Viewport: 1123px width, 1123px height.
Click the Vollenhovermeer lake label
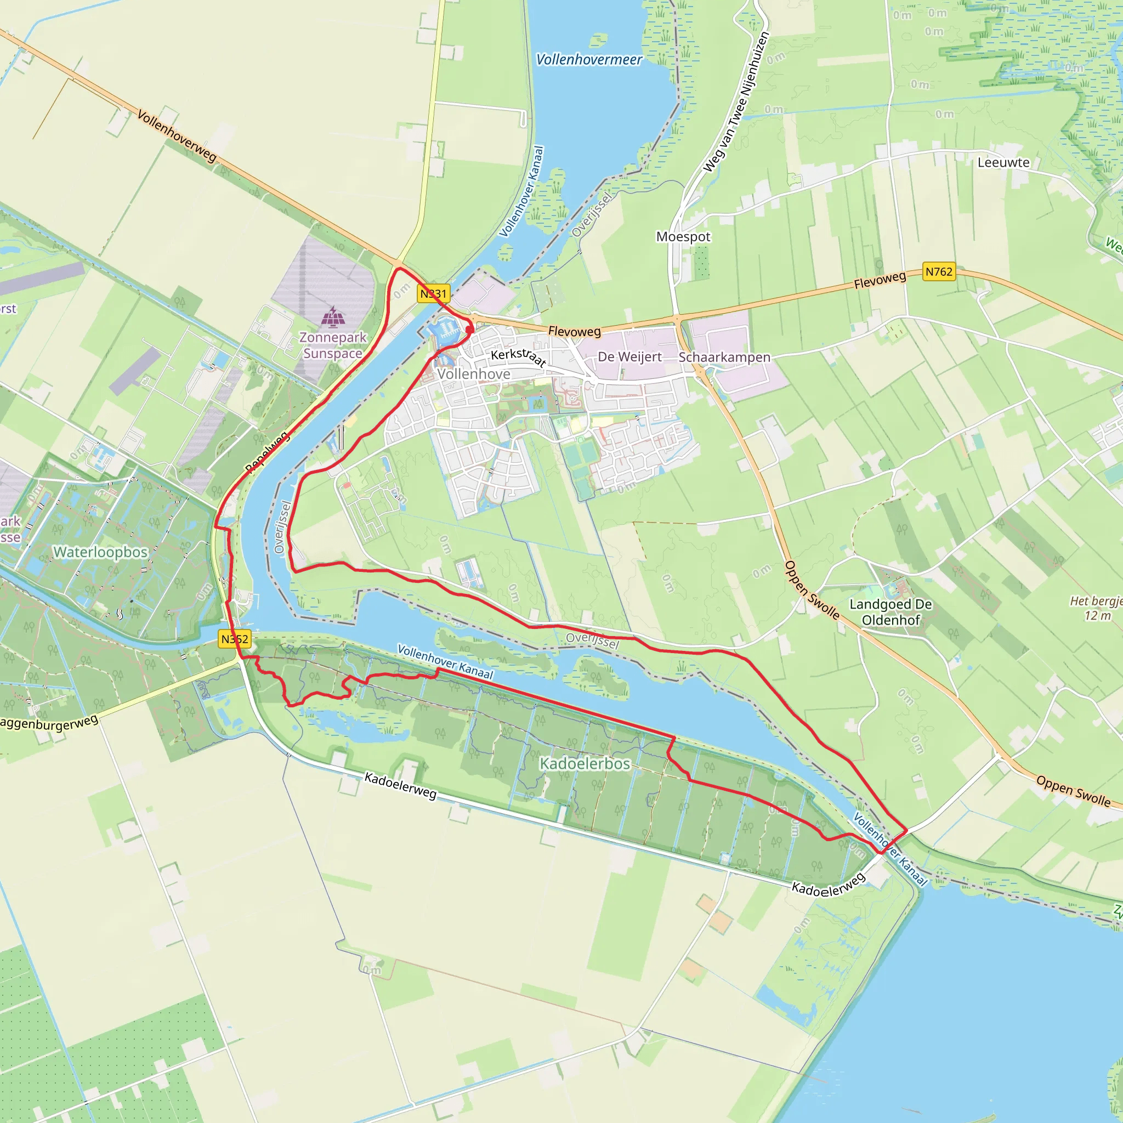[588, 59]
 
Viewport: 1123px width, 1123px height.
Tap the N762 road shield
[939, 271]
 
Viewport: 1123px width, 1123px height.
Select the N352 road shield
[235, 639]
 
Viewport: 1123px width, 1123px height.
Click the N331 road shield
[434, 293]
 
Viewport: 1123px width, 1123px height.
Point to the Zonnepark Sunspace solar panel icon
[333, 317]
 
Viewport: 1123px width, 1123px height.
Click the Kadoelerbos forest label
[585, 763]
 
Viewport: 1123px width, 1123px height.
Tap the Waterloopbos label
[100, 552]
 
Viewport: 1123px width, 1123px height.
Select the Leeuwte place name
[1003, 163]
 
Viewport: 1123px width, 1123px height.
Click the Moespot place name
[683, 236]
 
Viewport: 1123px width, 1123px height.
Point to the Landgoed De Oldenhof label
[891, 612]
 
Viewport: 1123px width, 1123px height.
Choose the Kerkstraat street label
[519, 357]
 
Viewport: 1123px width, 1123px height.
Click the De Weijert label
[629, 357]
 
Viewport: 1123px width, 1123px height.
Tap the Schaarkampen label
[724, 357]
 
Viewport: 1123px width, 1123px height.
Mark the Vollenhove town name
[474, 375]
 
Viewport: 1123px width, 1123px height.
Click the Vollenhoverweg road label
[177, 135]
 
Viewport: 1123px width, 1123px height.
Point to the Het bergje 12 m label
[1096, 608]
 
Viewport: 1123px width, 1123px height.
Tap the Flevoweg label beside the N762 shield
[880, 280]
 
